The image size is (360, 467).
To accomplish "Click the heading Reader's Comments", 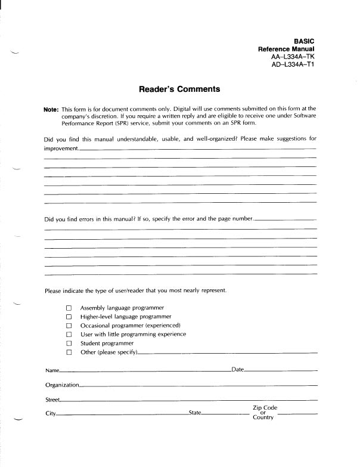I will [x=179, y=89].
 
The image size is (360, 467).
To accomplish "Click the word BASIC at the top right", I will [x=304, y=41].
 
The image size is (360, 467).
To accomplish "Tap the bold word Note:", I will [x=51, y=110].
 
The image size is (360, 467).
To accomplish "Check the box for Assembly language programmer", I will [x=69, y=308].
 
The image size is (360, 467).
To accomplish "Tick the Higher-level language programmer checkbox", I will [x=69, y=317].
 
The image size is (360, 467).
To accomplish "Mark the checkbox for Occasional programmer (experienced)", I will [x=69, y=326].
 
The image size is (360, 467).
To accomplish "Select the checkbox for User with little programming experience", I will [x=69, y=335].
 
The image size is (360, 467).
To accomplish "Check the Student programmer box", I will [x=69, y=344].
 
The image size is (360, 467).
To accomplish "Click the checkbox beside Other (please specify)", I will [x=69, y=353].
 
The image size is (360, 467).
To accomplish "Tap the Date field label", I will [x=237, y=370].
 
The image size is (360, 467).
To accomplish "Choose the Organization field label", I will [x=62, y=386].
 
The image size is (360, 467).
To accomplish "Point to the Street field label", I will [x=52, y=400].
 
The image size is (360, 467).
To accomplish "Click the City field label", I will [x=50, y=413].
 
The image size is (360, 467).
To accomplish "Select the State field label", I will [x=195, y=413].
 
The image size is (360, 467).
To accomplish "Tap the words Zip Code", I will [x=265, y=408].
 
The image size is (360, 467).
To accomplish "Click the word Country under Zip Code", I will [x=263, y=417].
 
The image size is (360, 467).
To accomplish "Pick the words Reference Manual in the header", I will [x=286, y=49].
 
